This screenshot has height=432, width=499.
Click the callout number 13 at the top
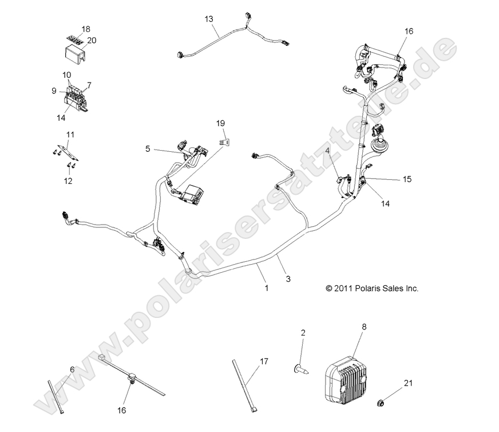(209, 19)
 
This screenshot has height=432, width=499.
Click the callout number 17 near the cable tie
(263, 361)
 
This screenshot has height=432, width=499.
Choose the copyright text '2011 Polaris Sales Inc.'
(372, 289)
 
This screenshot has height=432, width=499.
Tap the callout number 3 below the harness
(288, 278)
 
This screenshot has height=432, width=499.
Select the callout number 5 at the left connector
(148, 148)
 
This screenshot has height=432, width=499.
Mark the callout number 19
(221, 123)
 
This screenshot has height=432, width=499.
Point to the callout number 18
(85, 29)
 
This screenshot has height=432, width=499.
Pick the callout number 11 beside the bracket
(70, 135)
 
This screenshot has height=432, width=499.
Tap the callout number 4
(328, 151)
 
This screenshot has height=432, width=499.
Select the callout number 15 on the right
(406, 179)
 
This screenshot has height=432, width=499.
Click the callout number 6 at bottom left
(72, 370)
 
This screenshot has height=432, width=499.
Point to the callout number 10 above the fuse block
(67, 75)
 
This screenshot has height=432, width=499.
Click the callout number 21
(407, 382)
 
